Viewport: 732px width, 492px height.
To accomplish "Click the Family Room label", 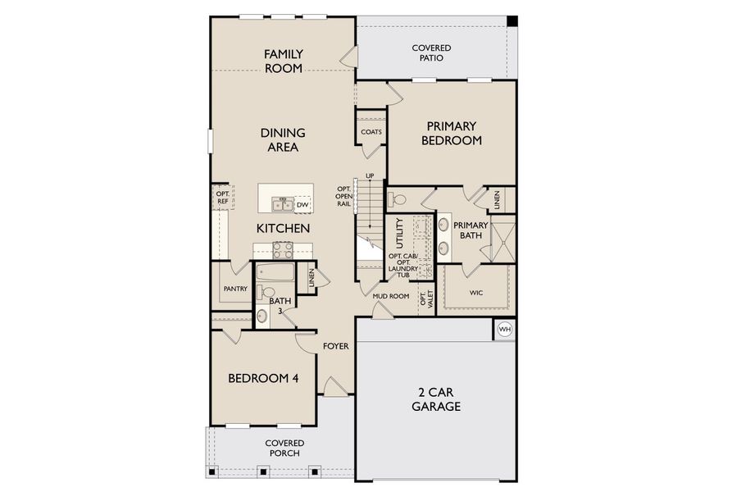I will click(x=283, y=61).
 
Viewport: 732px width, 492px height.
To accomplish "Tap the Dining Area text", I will click(x=283, y=139).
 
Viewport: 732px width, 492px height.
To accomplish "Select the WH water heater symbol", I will click(x=505, y=330).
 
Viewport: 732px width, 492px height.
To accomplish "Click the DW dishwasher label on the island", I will click(x=302, y=205).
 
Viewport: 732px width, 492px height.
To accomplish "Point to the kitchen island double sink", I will click(x=282, y=204).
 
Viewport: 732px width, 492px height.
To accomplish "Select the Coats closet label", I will click(x=371, y=132).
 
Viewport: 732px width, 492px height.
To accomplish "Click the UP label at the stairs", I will click(x=370, y=175).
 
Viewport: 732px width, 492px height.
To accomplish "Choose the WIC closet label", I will click(x=476, y=292).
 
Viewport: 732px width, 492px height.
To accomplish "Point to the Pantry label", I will click(x=235, y=289).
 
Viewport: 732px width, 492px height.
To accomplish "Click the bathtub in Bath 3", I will click(x=275, y=272).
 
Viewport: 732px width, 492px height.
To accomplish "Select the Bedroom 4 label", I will click(x=262, y=378).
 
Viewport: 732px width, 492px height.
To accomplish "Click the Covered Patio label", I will click(x=431, y=53).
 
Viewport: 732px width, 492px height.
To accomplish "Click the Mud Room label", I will click(x=390, y=296).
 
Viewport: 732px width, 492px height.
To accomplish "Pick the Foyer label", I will click(x=335, y=346).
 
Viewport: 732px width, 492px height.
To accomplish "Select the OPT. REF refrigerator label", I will click(x=222, y=197).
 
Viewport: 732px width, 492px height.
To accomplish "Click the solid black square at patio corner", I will click(x=511, y=20).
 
